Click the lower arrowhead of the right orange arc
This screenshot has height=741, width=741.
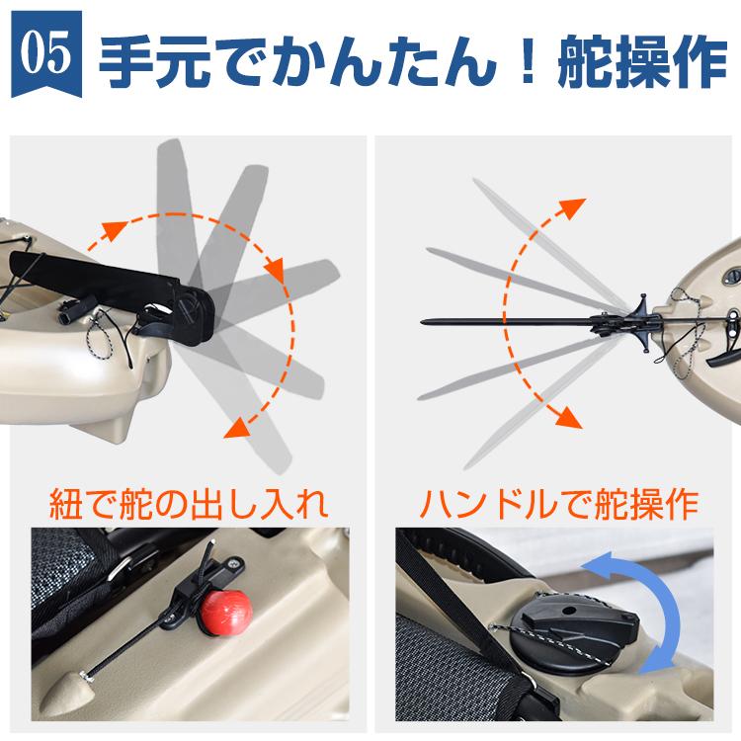click(565, 416)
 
